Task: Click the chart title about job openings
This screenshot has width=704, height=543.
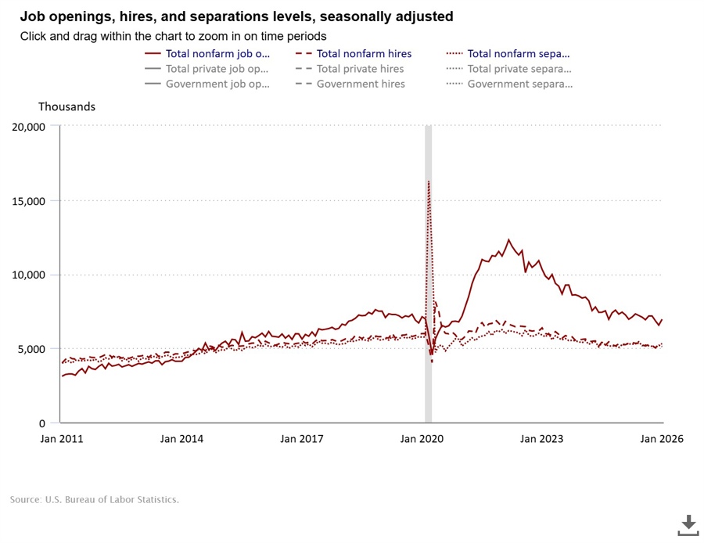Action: tap(235, 16)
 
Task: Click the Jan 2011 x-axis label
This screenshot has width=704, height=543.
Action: tap(62, 439)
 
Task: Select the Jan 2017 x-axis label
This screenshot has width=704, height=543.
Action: tap(303, 439)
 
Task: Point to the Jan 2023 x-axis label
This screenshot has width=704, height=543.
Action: tap(542, 439)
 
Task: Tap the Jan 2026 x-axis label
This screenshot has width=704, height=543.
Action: tap(662, 439)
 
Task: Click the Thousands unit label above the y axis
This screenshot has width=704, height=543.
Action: tap(66, 106)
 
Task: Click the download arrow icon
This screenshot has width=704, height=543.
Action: tap(688, 525)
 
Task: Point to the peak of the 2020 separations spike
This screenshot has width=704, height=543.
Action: tap(429, 182)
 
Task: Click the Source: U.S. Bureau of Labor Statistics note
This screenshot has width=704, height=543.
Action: tap(95, 499)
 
